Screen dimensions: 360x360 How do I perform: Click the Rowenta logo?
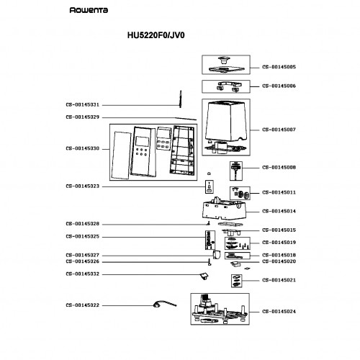pos(89,10)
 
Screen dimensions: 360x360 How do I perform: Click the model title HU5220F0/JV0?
pos(156,35)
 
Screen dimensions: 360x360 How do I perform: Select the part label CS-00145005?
pos(279,67)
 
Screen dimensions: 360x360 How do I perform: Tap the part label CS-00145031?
pos(82,105)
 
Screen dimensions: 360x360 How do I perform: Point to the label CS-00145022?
pos(82,305)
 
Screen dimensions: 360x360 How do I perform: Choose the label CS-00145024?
pos(279,312)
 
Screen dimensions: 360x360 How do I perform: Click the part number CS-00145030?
pos(82,148)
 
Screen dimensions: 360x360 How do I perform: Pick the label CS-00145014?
pos(279,211)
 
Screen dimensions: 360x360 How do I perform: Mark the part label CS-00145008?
pos(279,168)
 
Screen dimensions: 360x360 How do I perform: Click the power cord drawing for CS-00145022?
pos(164,304)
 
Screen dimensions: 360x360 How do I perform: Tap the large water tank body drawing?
pos(225,122)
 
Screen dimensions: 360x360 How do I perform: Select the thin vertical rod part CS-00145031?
pos(180,99)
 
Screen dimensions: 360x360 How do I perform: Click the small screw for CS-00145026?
pos(210,262)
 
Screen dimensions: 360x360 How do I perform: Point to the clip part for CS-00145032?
pos(204,276)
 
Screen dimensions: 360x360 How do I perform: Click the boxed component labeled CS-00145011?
pos(240,193)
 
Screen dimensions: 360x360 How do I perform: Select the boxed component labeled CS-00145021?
pos(236,281)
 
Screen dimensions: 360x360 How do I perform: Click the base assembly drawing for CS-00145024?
pos(220,309)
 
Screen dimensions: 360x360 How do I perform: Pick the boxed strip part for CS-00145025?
pos(210,240)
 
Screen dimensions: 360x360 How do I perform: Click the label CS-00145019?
pos(279,243)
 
